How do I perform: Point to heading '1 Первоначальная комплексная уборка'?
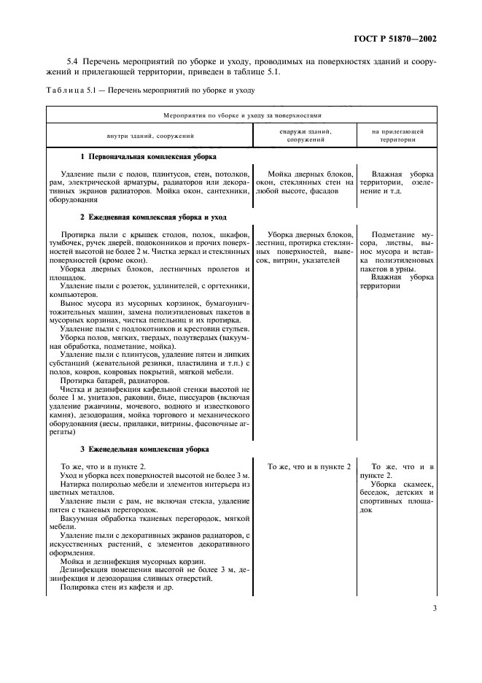(147, 158)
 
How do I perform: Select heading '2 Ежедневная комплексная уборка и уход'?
(152, 217)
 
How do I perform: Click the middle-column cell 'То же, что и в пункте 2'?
(309, 466)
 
